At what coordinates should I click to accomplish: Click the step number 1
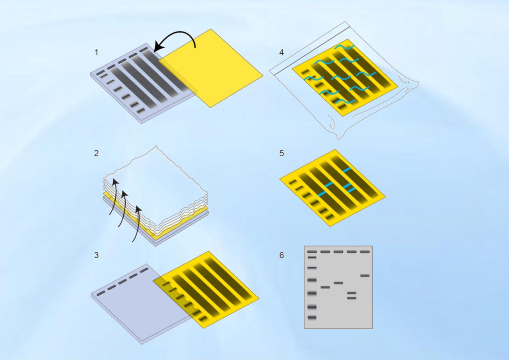coord(97,52)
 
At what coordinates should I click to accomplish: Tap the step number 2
coord(97,153)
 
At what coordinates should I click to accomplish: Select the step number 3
coord(97,255)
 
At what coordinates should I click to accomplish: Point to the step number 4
coord(282,52)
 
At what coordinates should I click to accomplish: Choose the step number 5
coord(282,153)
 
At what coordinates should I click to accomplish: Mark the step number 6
coord(282,255)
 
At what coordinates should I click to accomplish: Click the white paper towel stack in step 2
coord(159,179)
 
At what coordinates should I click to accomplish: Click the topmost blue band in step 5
coord(347,170)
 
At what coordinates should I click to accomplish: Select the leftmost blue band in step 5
coord(322,194)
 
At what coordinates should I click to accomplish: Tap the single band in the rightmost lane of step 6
coord(365,275)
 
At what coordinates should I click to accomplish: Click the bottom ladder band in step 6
coord(312,317)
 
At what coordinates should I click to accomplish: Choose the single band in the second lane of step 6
coord(325,287)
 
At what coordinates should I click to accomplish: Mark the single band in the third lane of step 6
coord(338,283)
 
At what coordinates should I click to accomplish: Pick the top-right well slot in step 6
coord(365,252)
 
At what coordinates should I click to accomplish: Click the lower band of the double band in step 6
coord(352,298)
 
